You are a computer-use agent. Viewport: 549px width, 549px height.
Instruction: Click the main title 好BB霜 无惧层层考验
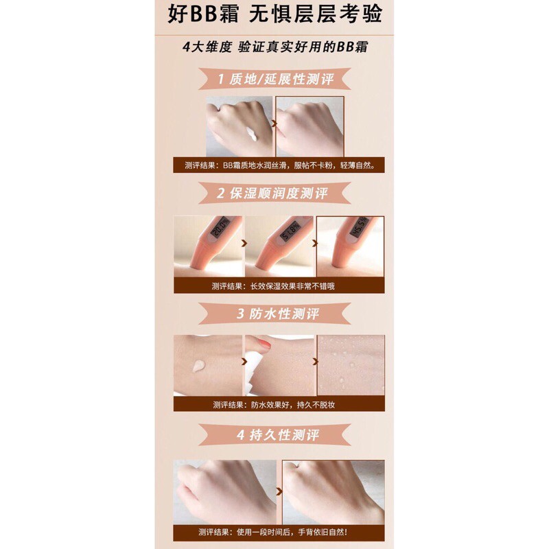point(275,15)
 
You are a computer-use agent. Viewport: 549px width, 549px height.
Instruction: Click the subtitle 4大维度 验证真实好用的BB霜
point(275,47)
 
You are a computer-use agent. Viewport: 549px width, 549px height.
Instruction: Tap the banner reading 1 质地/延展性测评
point(275,79)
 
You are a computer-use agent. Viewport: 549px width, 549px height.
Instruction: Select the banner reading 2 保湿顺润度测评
point(275,193)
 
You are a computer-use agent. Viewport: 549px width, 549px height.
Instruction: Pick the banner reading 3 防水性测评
point(275,314)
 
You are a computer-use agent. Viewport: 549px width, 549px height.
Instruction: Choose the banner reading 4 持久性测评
point(275,435)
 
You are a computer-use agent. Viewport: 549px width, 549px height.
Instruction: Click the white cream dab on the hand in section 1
point(252,134)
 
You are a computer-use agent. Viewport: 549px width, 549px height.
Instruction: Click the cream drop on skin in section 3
point(198,366)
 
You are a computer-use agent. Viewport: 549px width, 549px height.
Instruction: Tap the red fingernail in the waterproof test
point(266,344)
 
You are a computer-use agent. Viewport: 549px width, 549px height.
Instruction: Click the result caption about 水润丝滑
point(279,165)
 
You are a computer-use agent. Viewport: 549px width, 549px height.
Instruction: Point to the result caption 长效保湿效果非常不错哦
point(272,286)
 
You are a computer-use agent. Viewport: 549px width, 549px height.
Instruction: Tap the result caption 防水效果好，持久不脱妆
point(274,405)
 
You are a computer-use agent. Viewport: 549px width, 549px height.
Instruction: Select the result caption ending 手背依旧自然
point(272,533)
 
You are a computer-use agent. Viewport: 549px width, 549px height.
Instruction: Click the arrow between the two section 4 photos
point(279,491)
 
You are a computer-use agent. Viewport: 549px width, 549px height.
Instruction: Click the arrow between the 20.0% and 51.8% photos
point(244,243)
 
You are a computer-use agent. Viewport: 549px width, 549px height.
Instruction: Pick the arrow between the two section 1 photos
point(274,124)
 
